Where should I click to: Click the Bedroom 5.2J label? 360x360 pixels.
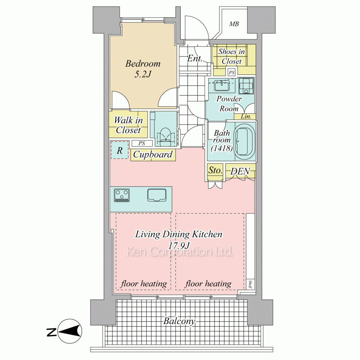click(x=143, y=69)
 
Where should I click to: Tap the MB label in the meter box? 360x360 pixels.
click(x=234, y=24)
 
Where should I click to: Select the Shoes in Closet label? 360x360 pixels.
click(x=231, y=56)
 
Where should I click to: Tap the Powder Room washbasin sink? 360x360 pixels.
click(x=222, y=85)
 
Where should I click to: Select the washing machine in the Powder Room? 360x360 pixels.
click(x=246, y=86)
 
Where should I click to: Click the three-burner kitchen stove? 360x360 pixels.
click(x=122, y=195)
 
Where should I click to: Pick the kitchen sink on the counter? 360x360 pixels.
click(x=157, y=195)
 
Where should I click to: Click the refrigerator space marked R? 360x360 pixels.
click(x=120, y=150)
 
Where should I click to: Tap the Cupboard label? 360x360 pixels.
click(x=153, y=154)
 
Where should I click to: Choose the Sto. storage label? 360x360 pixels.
click(x=215, y=170)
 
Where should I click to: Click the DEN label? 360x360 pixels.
click(x=240, y=171)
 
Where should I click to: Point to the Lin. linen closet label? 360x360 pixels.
click(x=246, y=116)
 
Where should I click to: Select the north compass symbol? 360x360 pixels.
click(x=70, y=331)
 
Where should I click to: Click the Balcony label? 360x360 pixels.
click(x=179, y=321)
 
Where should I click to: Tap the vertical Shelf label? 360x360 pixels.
click(x=250, y=284)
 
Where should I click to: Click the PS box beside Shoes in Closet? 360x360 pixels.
click(x=231, y=73)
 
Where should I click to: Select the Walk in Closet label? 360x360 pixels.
click(x=129, y=125)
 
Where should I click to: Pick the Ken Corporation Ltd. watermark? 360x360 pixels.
click(x=180, y=252)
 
